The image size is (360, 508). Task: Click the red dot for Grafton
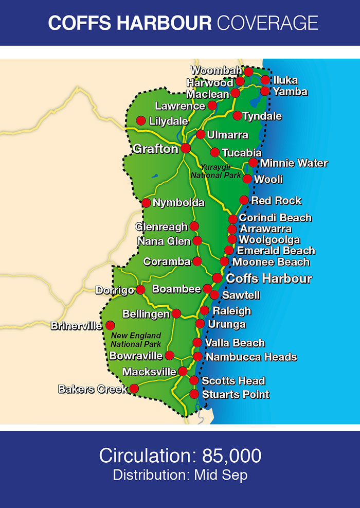coord(186,148)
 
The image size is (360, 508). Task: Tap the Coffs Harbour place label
coord(269,278)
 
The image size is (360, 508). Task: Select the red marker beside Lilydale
coord(140,120)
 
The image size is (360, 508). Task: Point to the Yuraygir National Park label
coord(215,171)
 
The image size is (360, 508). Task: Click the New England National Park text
coord(136,340)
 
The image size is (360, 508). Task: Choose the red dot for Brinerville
coord(110,325)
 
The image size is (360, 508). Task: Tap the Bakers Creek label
coord(93,389)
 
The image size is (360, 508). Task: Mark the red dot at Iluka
coord(265,80)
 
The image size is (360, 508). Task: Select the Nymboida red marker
coord(146,203)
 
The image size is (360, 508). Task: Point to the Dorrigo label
coord(115,290)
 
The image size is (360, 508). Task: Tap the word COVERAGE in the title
coord(267,23)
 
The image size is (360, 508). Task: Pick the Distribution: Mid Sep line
coord(180,475)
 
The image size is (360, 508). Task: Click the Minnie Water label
coord(294,163)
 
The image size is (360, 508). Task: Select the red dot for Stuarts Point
coord(194,394)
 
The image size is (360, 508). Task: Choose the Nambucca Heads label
coord(251,357)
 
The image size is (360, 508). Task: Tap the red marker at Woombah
coord(248,72)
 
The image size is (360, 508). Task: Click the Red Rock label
coord(276,200)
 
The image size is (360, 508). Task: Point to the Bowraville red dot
coord(169,355)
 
